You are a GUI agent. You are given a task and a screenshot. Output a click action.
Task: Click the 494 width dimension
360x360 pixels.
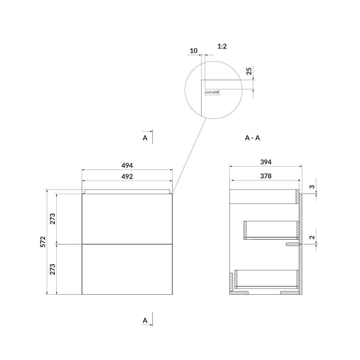(127, 166)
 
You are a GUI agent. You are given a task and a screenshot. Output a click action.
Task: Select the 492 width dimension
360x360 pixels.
(127, 176)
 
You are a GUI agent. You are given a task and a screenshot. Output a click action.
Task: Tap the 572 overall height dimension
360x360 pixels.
(43, 242)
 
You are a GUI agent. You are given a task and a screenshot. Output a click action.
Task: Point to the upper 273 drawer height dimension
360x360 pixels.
(53, 219)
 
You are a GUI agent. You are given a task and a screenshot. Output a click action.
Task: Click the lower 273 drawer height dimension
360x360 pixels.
(53, 269)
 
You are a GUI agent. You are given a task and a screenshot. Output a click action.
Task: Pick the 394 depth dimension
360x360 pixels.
(266, 162)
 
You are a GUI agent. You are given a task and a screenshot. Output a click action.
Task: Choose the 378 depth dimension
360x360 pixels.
(266, 176)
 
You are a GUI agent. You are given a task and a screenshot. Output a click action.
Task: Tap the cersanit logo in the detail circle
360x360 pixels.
(212, 92)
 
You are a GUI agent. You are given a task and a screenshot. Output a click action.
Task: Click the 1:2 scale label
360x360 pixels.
(222, 46)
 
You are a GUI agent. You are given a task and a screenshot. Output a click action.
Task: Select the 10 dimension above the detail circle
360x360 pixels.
(194, 51)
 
